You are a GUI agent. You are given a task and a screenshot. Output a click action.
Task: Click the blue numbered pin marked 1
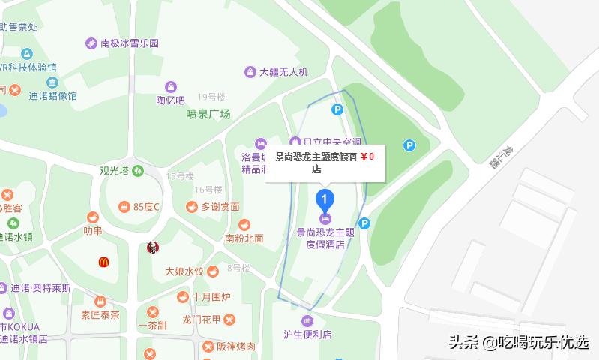pos(324,200)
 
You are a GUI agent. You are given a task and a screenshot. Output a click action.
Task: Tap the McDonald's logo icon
pos(103,262)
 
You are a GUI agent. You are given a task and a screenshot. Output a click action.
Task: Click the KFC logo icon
pos(153,247)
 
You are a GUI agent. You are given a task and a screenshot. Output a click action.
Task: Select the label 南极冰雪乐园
pos(130,43)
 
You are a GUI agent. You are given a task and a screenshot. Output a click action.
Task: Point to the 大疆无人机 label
pos(283,72)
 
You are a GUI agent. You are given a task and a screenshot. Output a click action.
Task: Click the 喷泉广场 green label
pos(208,115)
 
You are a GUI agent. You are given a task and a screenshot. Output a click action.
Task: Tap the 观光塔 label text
pos(115,170)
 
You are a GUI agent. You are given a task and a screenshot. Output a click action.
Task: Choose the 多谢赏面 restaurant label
pos(220,207)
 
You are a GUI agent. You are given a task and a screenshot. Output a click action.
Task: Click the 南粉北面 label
pos(244,238)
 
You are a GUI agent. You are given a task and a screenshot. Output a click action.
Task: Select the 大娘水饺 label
pos(184,271)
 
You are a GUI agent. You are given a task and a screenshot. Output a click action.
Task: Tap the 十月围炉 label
pos(211,297)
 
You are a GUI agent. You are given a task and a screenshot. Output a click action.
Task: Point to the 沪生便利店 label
pos(307,334)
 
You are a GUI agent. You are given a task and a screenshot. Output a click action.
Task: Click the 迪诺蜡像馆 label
pos(53,96)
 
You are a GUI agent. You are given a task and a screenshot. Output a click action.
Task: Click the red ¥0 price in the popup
pos(367,157)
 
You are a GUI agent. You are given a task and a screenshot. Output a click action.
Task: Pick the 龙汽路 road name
pos(499,157)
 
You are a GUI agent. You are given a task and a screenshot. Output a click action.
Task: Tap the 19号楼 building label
pos(211,97)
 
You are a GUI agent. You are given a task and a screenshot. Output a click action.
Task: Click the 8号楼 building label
pos(238,268)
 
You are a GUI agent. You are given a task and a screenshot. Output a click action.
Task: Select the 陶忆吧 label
pos(170,100)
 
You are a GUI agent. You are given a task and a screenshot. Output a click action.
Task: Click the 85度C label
pos(147,207)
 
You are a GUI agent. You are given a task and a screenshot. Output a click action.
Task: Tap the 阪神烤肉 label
pos(236,346)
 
